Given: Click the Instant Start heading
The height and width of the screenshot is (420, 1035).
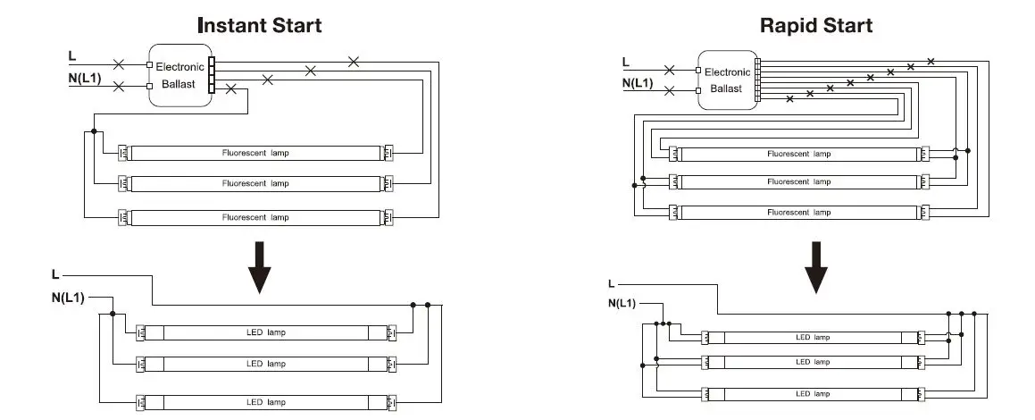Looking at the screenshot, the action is [x=260, y=26].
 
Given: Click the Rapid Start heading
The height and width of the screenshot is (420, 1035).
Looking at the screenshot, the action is [x=816, y=26].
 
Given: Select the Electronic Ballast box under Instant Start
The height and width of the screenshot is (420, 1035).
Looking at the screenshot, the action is [x=180, y=75].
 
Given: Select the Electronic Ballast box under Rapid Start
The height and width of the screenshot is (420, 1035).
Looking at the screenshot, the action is [x=728, y=80].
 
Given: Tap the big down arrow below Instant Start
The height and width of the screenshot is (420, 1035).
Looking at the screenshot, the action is [x=260, y=267].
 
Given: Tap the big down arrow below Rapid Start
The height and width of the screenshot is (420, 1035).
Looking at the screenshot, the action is [x=816, y=267].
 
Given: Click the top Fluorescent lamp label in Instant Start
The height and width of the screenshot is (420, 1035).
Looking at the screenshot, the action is [x=255, y=153].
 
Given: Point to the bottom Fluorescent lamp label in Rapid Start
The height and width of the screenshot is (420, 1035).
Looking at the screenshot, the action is [x=798, y=212].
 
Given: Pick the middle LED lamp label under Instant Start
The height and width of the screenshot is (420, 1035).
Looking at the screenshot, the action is [x=266, y=363].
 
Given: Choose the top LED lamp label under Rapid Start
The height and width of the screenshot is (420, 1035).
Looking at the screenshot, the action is [x=813, y=337].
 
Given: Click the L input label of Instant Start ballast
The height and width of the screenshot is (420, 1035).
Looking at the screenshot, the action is [x=72, y=56].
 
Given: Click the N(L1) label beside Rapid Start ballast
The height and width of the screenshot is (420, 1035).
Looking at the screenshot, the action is [x=637, y=83].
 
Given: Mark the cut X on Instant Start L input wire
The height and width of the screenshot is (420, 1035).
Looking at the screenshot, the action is [x=119, y=64].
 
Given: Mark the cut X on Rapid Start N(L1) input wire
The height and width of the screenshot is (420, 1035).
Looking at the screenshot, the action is [x=670, y=90].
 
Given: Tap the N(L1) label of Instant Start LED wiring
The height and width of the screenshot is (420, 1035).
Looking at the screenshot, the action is [x=68, y=298].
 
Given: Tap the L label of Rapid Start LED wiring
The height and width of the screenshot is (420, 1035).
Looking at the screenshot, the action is [x=611, y=284].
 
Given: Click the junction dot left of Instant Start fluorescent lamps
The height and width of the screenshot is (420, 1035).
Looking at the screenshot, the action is [x=94, y=131].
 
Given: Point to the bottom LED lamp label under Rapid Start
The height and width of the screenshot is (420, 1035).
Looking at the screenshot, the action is [x=813, y=393].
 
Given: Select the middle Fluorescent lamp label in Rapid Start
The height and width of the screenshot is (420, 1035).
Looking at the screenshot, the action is [x=798, y=181].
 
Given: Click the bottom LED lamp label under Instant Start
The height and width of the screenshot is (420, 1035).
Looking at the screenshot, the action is [x=266, y=401].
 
